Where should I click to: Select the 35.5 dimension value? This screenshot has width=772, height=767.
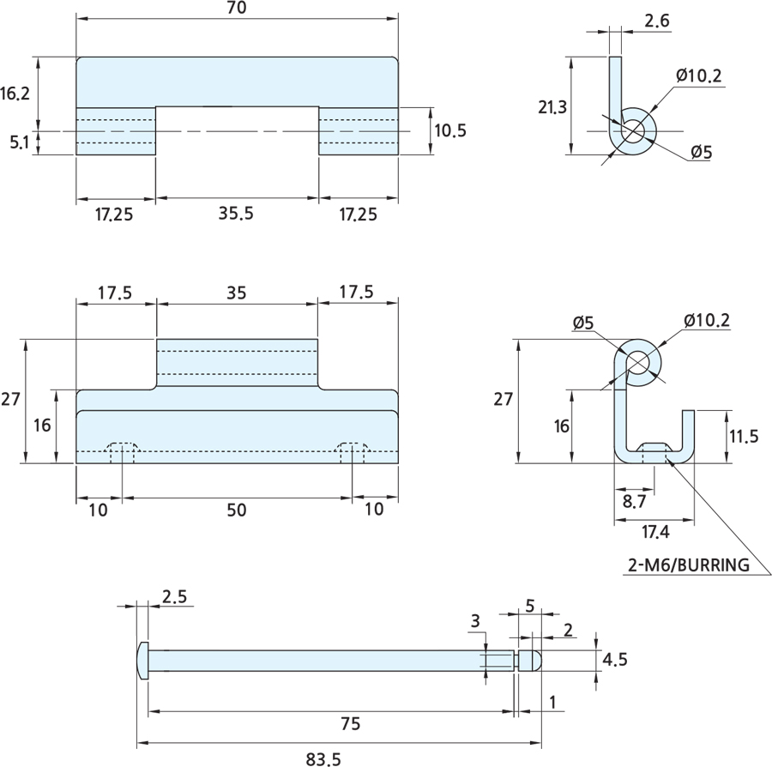(x=237, y=214)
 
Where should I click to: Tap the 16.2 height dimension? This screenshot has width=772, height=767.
(x=15, y=94)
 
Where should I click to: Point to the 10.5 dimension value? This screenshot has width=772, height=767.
(x=449, y=130)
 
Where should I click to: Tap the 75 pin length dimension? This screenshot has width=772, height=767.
(x=327, y=723)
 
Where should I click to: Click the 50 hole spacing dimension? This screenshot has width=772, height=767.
(x=237, y=510)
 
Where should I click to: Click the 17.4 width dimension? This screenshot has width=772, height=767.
(x=654, y=533)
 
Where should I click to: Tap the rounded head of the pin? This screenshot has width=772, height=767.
(x=142, y=660)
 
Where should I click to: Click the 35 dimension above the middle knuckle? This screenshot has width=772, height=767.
(x=237, y=292)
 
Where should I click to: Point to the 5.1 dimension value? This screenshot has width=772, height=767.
(x=19, y=143)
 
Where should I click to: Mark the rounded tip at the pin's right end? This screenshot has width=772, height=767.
(x=532, y=660)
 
